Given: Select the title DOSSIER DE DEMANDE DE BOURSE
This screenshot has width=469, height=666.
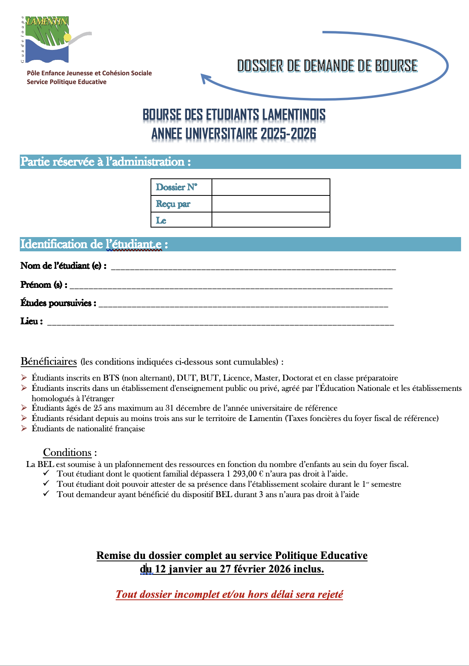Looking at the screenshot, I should pos(327,66).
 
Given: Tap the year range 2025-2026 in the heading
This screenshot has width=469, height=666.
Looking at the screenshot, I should pos(288,134).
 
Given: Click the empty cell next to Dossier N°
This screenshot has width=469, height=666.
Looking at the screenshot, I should pos(271,187).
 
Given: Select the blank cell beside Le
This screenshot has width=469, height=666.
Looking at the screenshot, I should pos(271,220).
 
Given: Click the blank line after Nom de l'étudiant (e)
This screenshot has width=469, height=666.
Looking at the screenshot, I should pos(254,267).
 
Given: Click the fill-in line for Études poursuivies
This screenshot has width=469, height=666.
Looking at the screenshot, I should pos(243,304).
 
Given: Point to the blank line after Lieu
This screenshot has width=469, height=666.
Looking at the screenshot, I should pos(220,323).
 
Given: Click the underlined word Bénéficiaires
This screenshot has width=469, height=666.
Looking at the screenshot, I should pos(49,362).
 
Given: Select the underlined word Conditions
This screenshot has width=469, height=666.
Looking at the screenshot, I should pos(67,453).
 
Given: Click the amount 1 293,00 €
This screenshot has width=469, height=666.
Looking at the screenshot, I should pos(245,474).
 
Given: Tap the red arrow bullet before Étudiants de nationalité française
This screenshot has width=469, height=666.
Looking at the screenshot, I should pos(24,429).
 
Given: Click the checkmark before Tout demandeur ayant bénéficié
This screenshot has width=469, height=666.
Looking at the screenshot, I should pos(46,494).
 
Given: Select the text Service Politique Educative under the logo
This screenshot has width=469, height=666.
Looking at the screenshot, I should pos(67,82).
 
